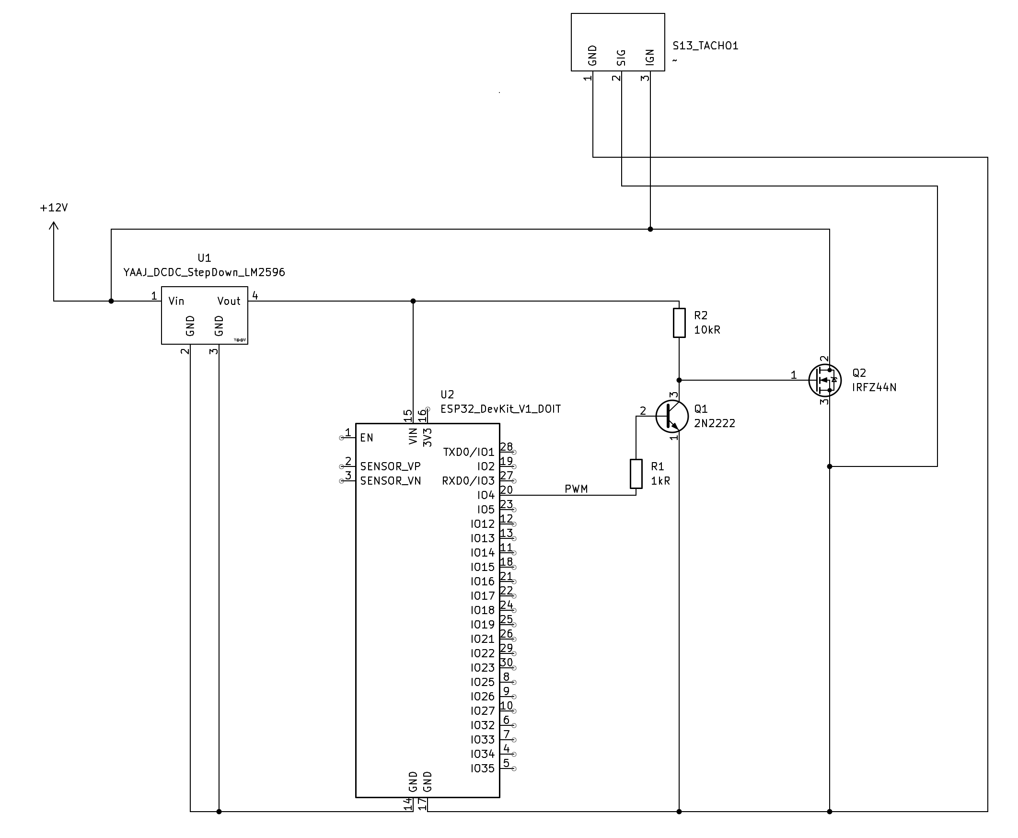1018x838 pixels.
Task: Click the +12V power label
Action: point(54,208)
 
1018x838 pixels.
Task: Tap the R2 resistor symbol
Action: point(679,323)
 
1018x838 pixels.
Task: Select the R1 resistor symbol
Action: point(636,474)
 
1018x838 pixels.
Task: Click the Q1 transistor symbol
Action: point(672,416)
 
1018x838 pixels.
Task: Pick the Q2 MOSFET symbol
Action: point(824,381)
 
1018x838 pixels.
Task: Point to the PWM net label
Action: point(576,489)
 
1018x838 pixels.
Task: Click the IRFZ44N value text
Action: point(874,388)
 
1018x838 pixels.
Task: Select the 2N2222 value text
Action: point(715,423)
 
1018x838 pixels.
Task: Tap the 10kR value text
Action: point(707,330)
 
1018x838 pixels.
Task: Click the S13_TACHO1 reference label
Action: point(706,46)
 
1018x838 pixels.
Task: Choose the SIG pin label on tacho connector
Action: point(622,58)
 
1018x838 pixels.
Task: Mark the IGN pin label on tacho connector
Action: point(650,57)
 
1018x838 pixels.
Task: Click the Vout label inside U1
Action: point(229,301)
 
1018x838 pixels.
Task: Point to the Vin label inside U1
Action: point(176,301)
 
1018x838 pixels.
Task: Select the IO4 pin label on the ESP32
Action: point(486,495)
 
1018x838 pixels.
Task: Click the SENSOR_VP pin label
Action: point(390,466)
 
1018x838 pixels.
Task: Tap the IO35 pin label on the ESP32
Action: point(483,768)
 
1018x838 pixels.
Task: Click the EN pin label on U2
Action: point(367,438)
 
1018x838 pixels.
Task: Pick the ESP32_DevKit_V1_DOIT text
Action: point(500,409)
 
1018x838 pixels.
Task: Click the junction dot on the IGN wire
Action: point(650,229)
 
